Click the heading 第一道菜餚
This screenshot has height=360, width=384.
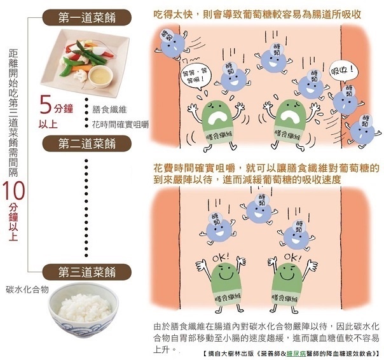coord(87,18)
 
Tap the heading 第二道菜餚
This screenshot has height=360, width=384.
coord(87,143)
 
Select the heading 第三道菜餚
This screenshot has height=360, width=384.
coord(87,272)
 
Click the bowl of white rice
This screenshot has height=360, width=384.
coord(83,310)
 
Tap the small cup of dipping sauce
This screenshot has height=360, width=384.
coord(100,76)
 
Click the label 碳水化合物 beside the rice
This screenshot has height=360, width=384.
coord(27,289)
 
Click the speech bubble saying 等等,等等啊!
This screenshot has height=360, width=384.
coord(195,76)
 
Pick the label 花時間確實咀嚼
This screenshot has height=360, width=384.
coord(121,125)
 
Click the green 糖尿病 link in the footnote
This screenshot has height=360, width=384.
coord(297,354)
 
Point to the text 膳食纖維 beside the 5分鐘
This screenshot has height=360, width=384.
coord(109,109)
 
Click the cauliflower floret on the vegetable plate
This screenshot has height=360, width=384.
coord(80,76)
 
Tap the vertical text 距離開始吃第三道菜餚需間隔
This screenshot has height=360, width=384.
coord(13,113)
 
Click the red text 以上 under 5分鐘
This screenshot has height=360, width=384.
coord(48,124)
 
